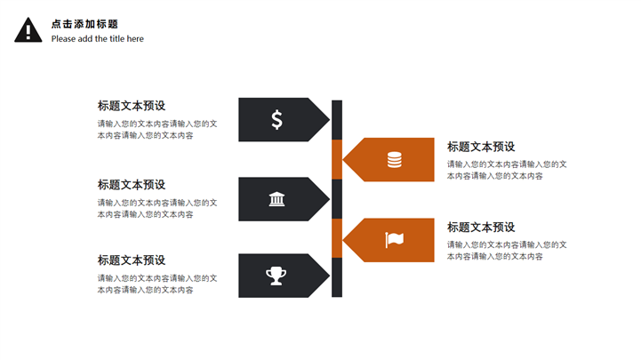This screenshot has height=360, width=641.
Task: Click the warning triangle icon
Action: (x=28, y=31)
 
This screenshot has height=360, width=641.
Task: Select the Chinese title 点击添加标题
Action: (x=84, y=24)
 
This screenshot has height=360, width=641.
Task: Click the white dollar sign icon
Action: (x=277, y=120)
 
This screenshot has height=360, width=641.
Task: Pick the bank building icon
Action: (x=277, y=199)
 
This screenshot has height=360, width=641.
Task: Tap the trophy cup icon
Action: (x=276, y=276)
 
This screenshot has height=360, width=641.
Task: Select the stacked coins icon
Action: (x=394, y=160)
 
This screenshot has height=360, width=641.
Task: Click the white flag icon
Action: (x=394, y=240)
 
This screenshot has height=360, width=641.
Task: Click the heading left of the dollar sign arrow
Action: (x=132, y=106)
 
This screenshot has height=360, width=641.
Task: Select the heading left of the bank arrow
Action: (x=132, y=185)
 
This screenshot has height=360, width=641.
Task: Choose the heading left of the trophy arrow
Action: (x=132, y=260)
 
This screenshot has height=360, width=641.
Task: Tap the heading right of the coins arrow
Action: (x=481, y=147)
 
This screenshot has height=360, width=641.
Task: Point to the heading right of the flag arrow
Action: (x=481, y=228)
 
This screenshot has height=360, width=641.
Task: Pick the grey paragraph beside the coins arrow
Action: (x=507, y=170)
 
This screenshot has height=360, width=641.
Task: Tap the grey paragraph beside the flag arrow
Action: (x=507, y=250)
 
